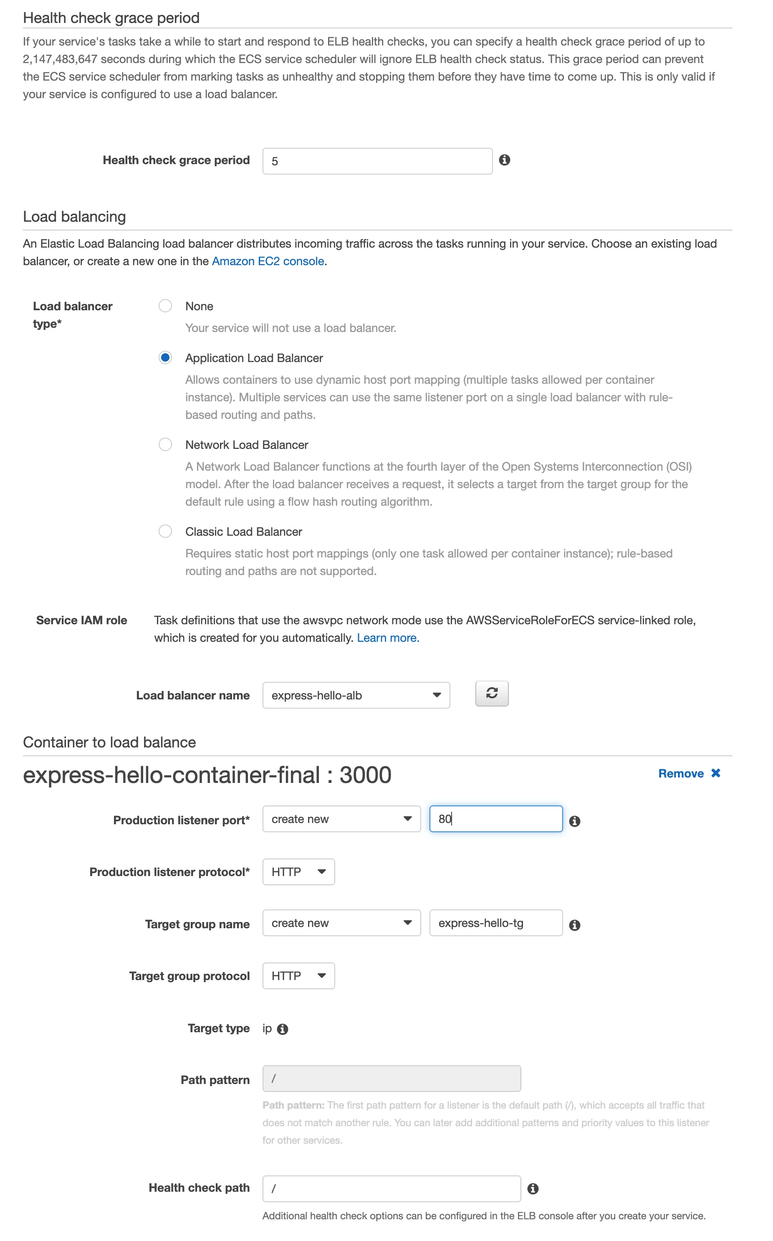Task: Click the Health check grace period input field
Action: (377, 161)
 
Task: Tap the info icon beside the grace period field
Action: (504, 160)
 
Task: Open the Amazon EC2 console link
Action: (268, 261)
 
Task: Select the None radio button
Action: (165, 306)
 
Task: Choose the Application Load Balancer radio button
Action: (165, 357)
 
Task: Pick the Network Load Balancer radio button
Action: (165, 444)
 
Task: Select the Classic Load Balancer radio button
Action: (165, 531)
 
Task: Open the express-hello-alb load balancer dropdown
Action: (356, 695)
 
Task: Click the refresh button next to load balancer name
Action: (492, 693)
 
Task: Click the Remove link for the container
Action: (689, 773)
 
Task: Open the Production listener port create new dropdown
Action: (341, 819)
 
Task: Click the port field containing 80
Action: (495, 819)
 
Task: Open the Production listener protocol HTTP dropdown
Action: (298, 872)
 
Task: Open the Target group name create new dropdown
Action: (341, 923)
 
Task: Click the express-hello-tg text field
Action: (495, 923)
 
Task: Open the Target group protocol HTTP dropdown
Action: (298, 975)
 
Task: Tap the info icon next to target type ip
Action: (282, 1029)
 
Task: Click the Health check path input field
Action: (392, 1188)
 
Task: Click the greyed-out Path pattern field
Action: (392, 1079)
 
